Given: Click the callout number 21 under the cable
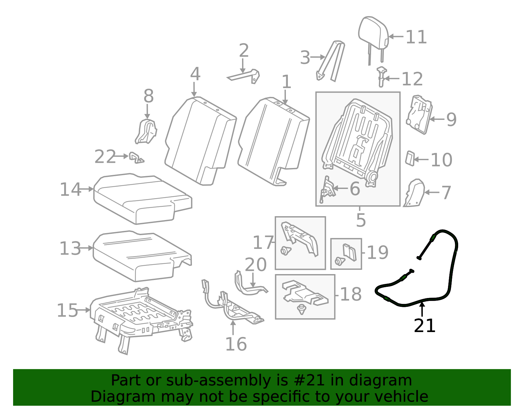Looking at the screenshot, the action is [x=424, y=325].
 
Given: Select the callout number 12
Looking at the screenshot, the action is [x=412, y=79].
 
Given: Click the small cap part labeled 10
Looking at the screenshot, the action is [x=410, y=158].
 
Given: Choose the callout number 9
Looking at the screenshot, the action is [x=451, y=120].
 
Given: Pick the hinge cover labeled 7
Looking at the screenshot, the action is [x=414, y=193].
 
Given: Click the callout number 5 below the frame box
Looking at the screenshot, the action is [x=361, y=220].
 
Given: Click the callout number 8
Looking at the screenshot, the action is [x=149, y=96].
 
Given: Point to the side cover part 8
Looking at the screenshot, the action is [x=146, y=131].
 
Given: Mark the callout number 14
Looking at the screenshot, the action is [x=70, y=189].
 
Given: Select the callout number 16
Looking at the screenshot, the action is [x=236, y=344].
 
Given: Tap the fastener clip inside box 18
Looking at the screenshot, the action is [x=301, y=309].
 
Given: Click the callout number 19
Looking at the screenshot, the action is [x=378, y=252].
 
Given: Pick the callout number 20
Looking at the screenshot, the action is [x=255, y=265].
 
